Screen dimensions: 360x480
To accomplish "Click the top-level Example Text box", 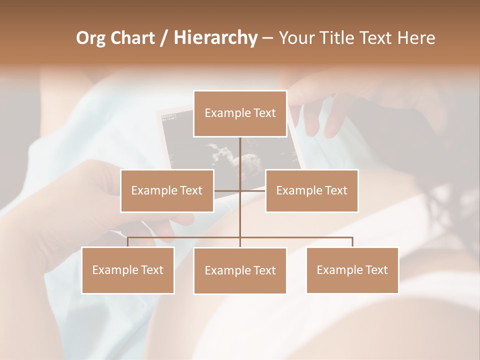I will point(240,113).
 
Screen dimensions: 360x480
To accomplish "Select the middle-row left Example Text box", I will point(167,190).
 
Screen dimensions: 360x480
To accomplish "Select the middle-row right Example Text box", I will point(311,190).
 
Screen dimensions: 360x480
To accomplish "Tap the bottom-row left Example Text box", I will point(128,270).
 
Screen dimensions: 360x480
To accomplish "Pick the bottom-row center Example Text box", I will point(240,270).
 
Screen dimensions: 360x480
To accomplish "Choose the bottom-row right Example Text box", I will point(352,270).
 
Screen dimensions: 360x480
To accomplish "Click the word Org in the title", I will point(90,38).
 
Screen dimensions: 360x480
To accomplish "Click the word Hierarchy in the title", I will point(215,38).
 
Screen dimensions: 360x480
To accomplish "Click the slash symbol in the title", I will point(164,38).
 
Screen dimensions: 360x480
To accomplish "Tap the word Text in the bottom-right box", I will point(376,270).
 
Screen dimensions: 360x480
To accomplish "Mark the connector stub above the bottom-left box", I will point(128,242).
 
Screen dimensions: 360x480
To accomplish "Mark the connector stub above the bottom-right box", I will point(352,242).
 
